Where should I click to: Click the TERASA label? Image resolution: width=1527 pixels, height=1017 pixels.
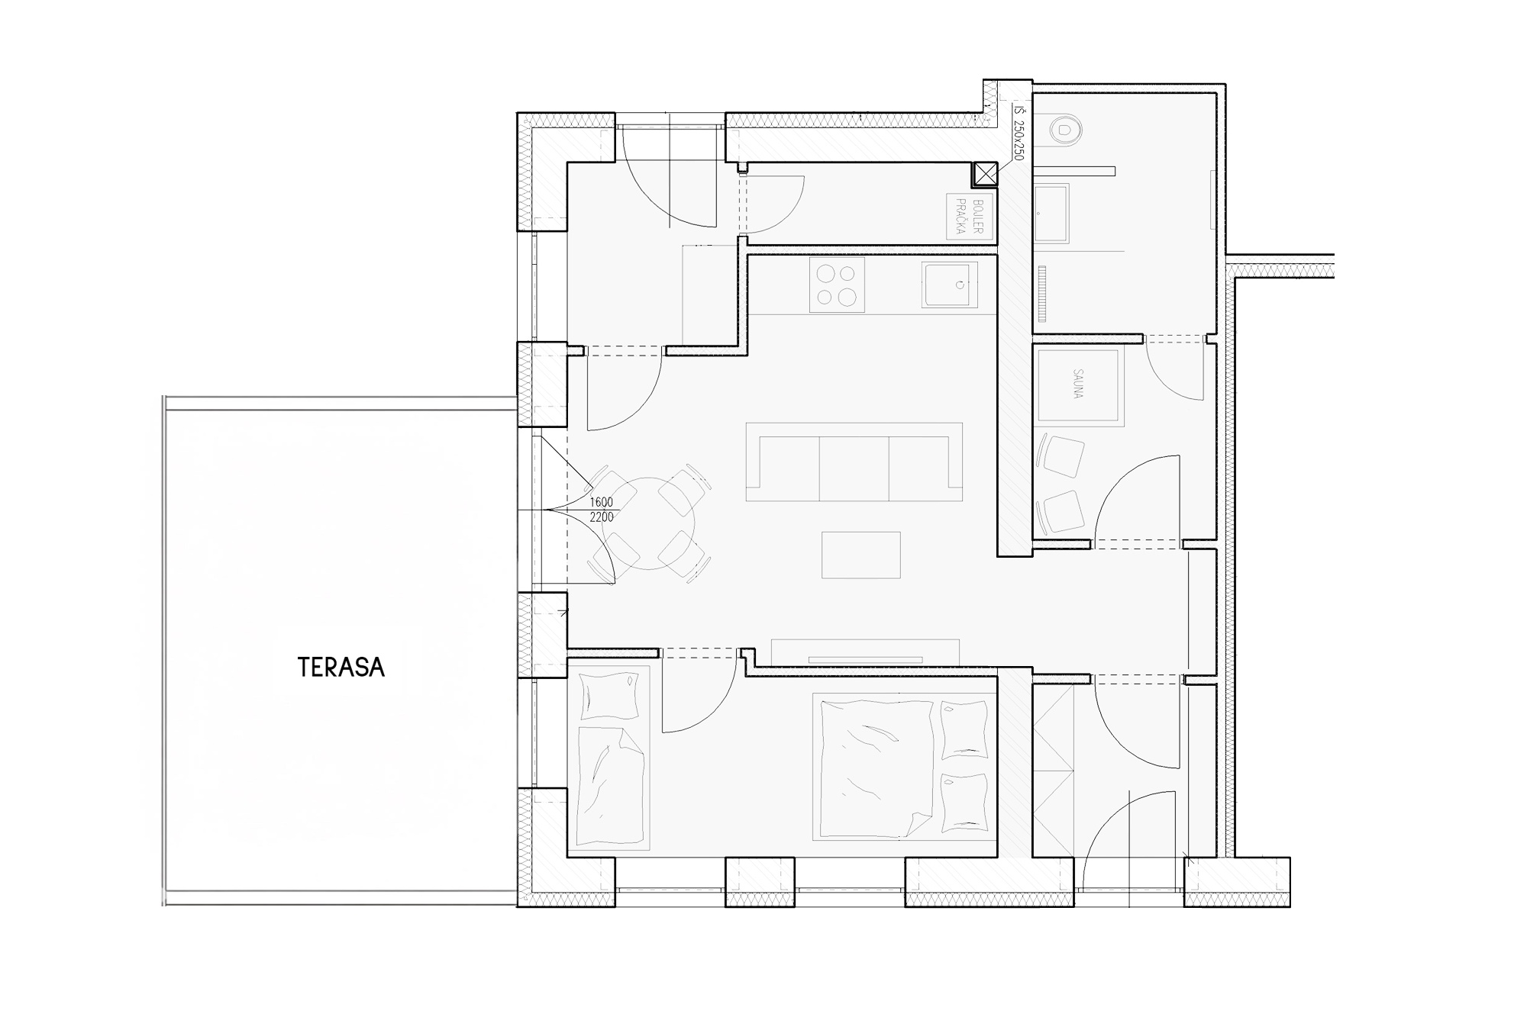(341, 668)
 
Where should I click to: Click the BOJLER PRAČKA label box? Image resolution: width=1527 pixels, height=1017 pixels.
(965, 216)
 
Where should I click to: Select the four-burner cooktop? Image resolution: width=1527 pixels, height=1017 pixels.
(837, 285)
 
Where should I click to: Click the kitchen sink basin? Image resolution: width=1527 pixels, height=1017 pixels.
(949, 285)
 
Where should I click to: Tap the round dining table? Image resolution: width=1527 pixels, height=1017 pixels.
(647, 523)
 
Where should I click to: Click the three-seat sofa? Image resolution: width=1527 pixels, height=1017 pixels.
(854, 462)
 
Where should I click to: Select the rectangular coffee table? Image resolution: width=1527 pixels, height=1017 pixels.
(861, 555)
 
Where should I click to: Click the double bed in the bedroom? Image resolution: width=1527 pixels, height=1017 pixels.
(906, 767)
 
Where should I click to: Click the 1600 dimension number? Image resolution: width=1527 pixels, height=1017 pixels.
(601, 502)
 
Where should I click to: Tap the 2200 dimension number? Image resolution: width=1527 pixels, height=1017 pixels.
(601, 517)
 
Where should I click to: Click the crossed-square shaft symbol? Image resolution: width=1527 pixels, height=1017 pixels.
(986, 175)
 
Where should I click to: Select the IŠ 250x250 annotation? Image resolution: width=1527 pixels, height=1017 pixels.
(1019, 134)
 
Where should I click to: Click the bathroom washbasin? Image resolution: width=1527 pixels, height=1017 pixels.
(1051, 214)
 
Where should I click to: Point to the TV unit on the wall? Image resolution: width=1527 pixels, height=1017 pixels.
(865, 652)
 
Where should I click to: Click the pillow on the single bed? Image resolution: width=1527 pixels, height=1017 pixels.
(610, 696)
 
